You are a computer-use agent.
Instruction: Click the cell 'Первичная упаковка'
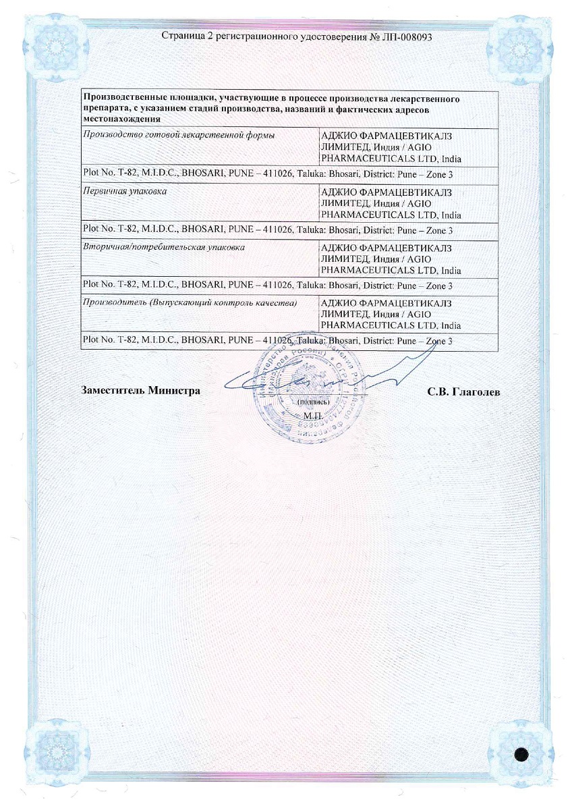124,191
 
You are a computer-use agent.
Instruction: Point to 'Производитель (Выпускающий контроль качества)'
190,303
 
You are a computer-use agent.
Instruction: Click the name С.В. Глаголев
463,391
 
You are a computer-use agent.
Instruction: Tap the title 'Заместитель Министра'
140,391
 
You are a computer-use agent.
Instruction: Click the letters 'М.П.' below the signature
313,416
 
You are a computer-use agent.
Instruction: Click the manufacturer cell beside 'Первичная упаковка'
408,203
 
